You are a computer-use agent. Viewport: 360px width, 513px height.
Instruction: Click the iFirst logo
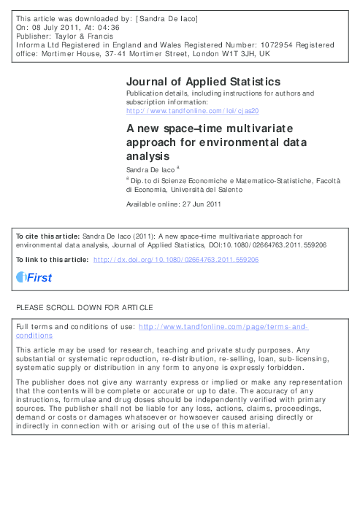[x=34, y=277]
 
